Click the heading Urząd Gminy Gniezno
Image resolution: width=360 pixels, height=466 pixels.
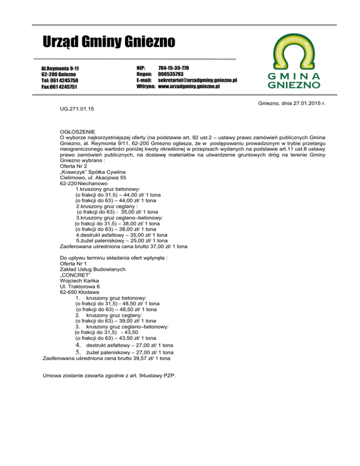(108, 43)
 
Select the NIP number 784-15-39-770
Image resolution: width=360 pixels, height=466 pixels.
(173, 68)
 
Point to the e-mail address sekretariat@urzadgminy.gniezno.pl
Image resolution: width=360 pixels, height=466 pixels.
(197, 80)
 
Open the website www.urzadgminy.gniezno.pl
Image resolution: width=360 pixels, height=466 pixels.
(189, 87)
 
